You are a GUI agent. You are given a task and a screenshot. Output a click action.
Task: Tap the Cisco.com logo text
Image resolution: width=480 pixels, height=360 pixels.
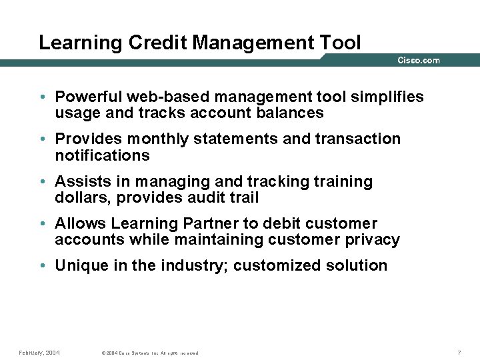pyautogui.click(x=419, y=60)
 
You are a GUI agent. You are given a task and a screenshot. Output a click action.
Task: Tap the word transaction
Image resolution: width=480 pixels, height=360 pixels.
pyautogui.click(x=358, y=139)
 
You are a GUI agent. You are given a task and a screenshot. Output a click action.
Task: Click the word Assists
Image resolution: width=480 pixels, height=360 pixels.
pyautogui.click(x=80, y=181)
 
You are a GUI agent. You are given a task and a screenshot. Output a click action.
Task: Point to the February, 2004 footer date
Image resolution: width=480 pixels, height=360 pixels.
pyautogui.click(x=39, y=352)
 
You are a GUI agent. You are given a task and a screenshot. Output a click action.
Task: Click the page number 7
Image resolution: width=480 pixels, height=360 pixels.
pyautogui.click(x=459, y=352)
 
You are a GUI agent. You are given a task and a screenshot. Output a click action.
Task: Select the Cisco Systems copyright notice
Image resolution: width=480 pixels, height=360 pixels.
pyautogui.click(x=149, y=353)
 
